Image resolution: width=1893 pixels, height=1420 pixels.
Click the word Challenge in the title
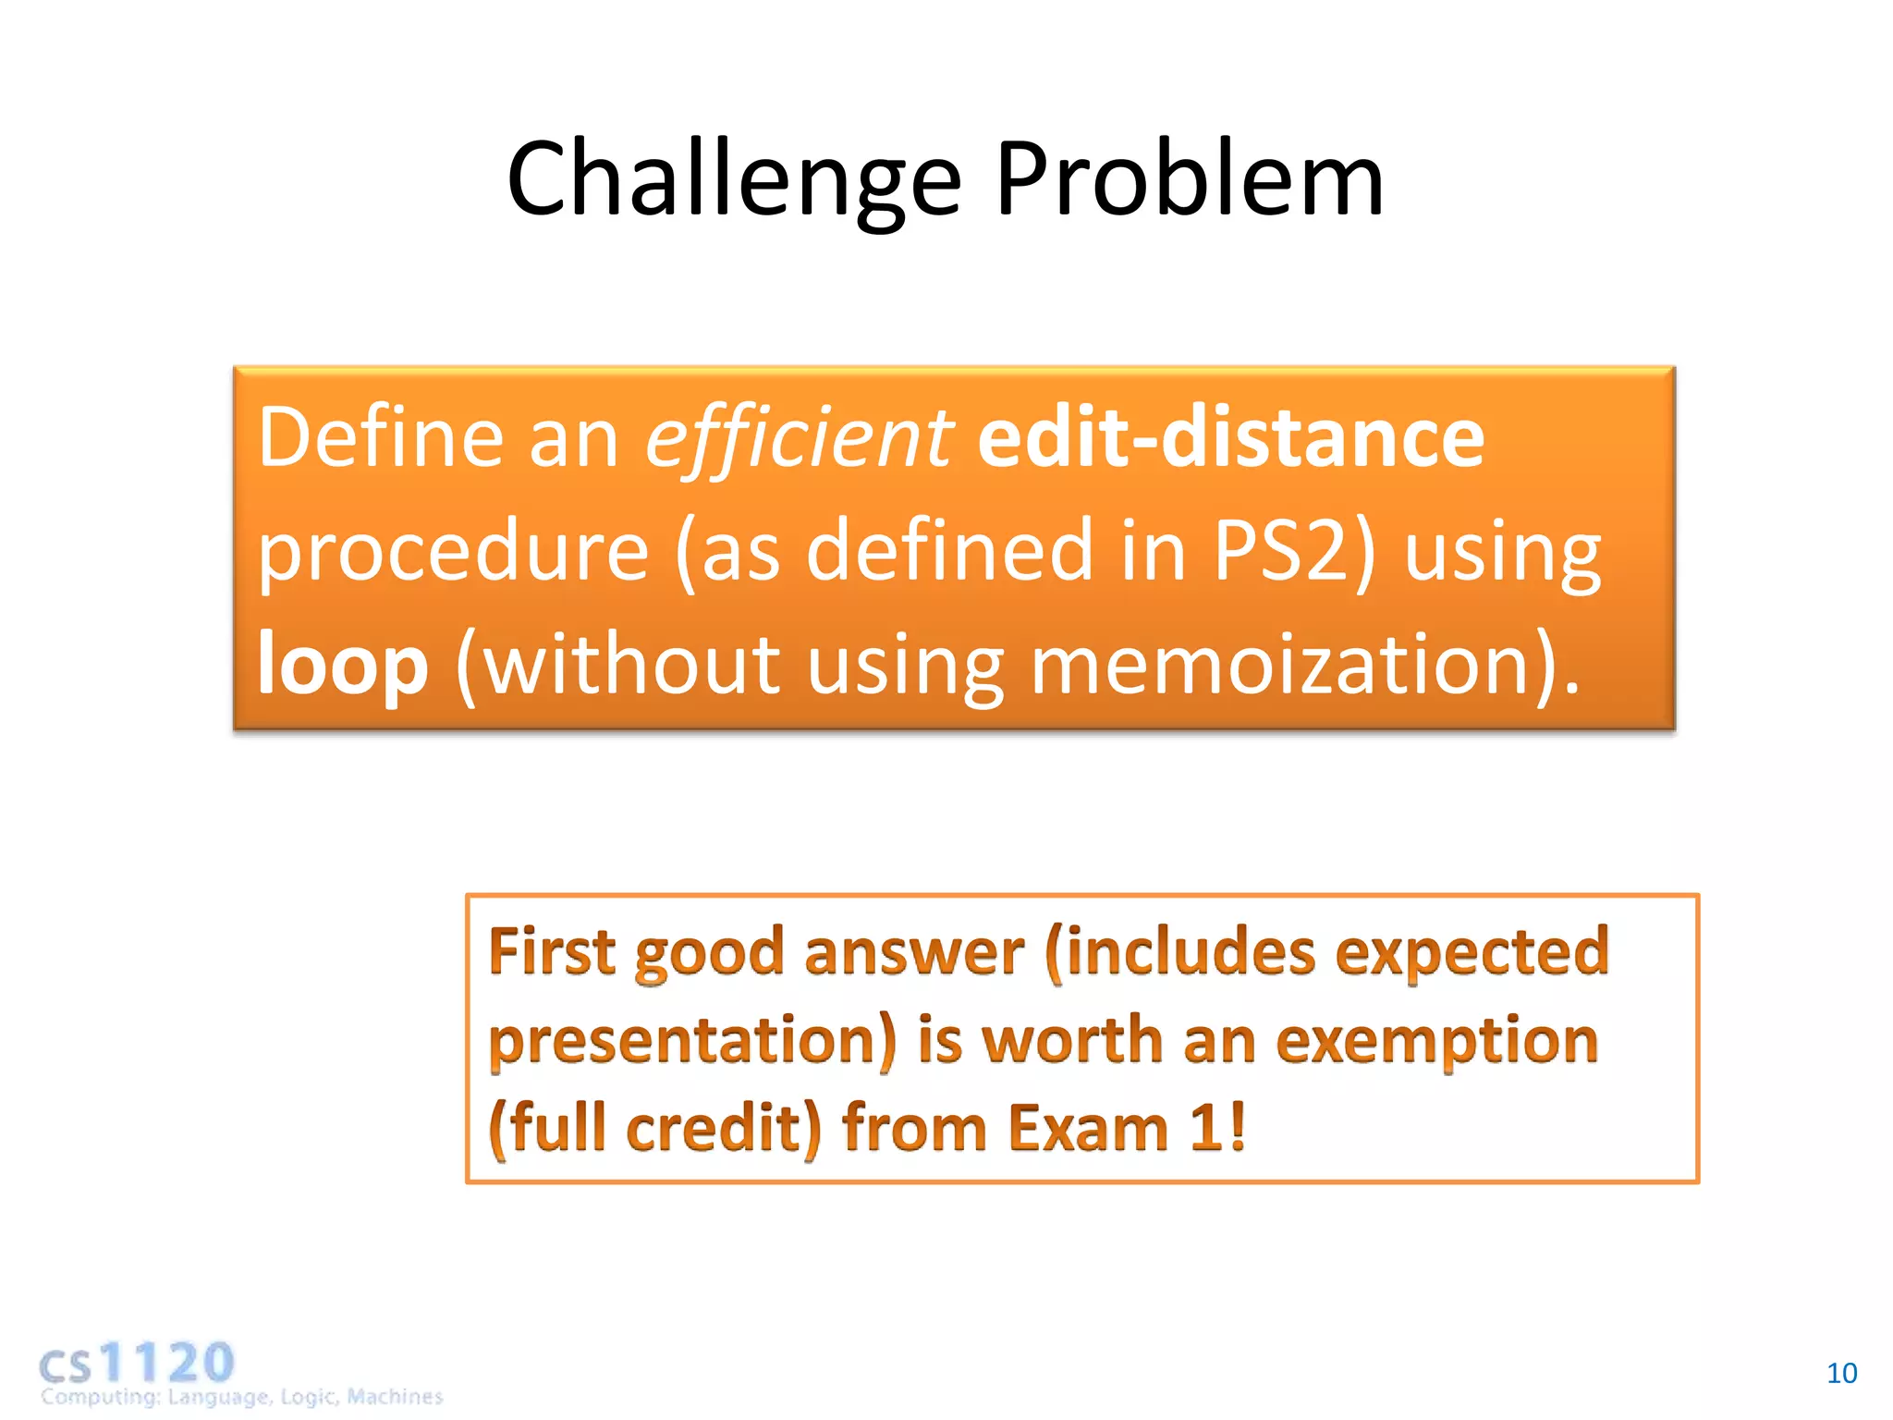tap(735, 180)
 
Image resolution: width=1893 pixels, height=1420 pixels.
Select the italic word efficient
tap(799, 438)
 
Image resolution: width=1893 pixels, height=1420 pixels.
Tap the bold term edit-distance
tap(1230, 438)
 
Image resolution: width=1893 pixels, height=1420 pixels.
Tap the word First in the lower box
tap(551, 952)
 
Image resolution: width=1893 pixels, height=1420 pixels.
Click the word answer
tap(913, 952)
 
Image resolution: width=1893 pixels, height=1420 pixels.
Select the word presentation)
tap(692, 1041)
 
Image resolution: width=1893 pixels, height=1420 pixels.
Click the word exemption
tap(1436, 1041)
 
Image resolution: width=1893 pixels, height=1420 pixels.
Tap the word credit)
tap(723, 1129)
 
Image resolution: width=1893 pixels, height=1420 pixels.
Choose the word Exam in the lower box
tap(1089, 1129)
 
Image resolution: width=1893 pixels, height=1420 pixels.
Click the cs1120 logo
tap(137, 1363)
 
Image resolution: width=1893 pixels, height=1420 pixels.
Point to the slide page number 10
tap(1841, 1374)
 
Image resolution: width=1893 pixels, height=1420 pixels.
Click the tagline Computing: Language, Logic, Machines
tap(241, 1397)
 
